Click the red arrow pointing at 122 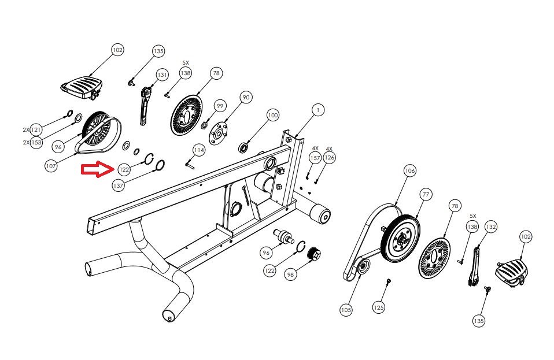(x=96, y=170)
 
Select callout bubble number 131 (x=162, y=75)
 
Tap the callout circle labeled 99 (x=220, y=106)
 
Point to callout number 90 (x=246, y=98)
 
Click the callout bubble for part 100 (x=272, y=116)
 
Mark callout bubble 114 (x=199, y=150)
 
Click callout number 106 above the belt (x=409, y=171)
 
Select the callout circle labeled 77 (x=426, y=195)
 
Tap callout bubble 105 (x=346, y=310)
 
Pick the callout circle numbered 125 (x=378, y=307)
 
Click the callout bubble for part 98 (x=290, y=275)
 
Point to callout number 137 (x=119, y=186)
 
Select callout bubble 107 (x=51, y=166)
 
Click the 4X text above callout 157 (x=316, y=149)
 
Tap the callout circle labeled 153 (x=36, y=142)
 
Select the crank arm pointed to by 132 (x=475, y=266)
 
